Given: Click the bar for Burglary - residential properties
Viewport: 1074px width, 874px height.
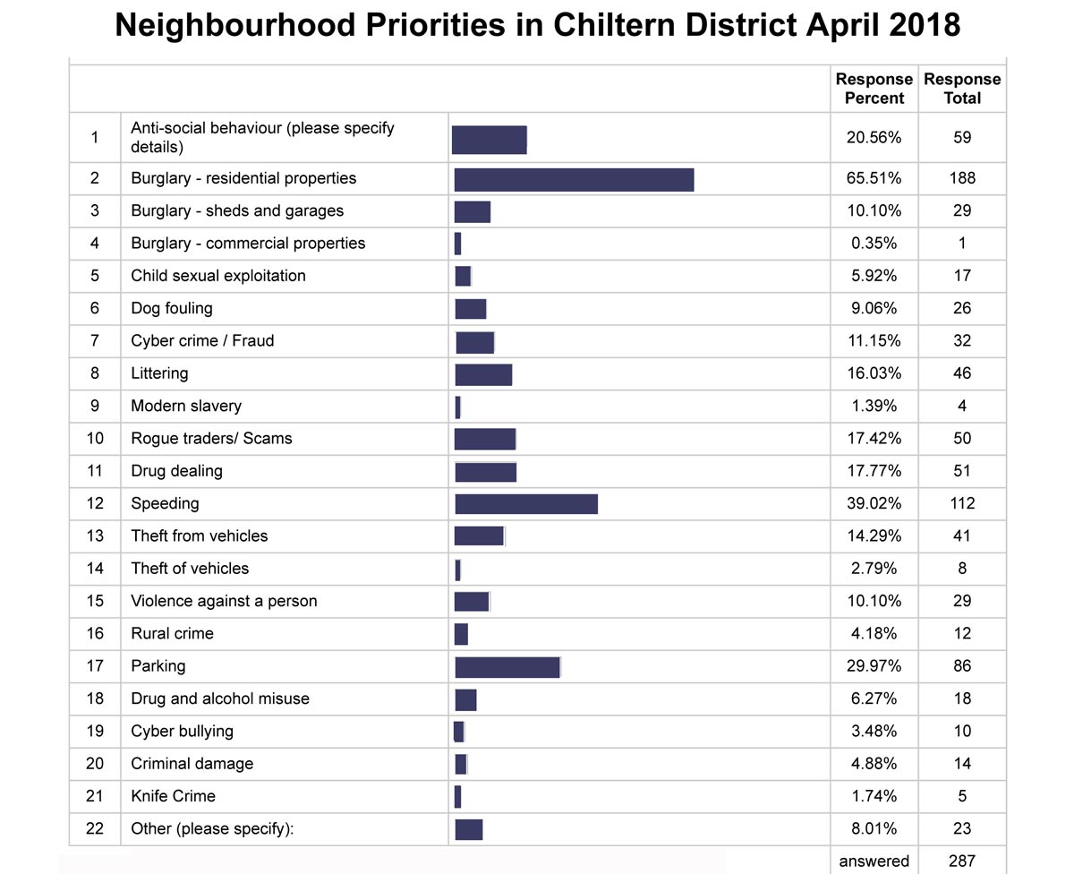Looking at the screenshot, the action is [x=574, y=180].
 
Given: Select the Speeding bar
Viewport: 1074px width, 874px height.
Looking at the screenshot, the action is [x=526, y=504].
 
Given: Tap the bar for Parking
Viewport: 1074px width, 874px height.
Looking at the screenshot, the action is [x=507, y=667].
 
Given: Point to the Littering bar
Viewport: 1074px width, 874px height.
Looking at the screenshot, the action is [x=483, y=374].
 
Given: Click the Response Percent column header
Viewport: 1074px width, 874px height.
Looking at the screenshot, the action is [x=874, y=89].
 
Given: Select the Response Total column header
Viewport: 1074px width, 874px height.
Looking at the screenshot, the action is [x=962, y=89].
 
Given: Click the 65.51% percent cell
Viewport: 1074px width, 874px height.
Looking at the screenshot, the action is [x=874, y=178].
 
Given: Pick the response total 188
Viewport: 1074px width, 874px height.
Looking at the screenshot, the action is [x=962, y=178].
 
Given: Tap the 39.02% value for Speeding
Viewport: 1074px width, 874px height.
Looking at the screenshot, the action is [x=874, y=503].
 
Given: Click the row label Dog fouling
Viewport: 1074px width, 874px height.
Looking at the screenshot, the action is [x=172, y=308].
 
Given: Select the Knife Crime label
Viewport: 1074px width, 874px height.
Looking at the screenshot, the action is [x=173, y=796].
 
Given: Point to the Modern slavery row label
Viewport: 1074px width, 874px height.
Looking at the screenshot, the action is [x=186, y=406].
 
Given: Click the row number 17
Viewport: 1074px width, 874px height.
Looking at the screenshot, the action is [x=95, y=665].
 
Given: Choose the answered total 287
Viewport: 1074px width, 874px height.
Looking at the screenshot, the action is [x=962, y=861].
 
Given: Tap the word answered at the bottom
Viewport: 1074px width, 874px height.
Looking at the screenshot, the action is [x=874, y=861].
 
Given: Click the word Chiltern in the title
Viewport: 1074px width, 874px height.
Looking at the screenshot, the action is [x=614, y=24].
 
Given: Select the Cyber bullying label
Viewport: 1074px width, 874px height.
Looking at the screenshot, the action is [x=182, y=732].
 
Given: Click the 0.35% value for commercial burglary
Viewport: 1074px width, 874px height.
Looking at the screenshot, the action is [x=874, y=243].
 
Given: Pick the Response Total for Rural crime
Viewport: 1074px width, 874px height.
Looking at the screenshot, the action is [x=962, y=633].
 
